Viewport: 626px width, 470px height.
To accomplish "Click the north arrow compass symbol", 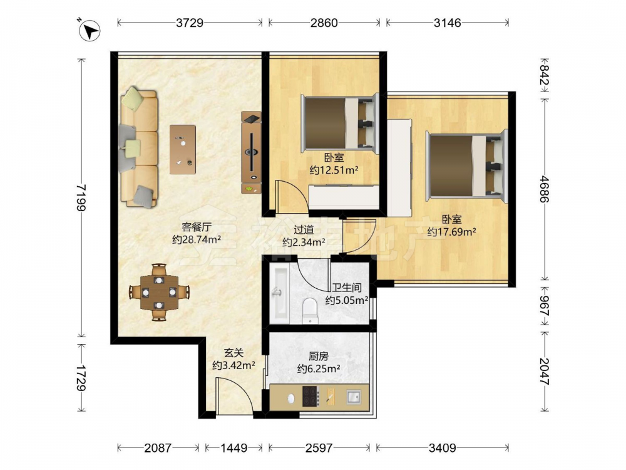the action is pyautogui.click(x=90, y=31).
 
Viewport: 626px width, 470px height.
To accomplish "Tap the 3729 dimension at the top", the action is pyautogui.click(x=190, y=23).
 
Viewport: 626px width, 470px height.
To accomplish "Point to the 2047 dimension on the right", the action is pyautogui.click(x=545, y=371).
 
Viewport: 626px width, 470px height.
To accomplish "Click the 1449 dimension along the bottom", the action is pyautogui.click(x=234, y=448).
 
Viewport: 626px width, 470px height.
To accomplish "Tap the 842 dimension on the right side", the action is pyautogui.click(x=545, y=75).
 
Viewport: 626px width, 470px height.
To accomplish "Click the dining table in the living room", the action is pyautogui.click(x=159, y=292).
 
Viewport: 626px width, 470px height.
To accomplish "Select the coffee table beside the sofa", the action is pyautogui.click(x=183, y=150).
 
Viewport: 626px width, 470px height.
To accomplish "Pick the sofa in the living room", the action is pyautogui.click(x=138, y=148).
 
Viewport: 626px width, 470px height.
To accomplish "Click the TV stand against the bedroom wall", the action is pyautogui.click(x=251, y=152).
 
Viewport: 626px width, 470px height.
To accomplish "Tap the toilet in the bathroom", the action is pyautogui.click(x=309, y=311).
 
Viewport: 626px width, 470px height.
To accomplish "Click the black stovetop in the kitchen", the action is pyautogui.click(x=310, y=396).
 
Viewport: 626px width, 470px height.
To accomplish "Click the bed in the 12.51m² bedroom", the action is pyautogui.click(x=340, y=123).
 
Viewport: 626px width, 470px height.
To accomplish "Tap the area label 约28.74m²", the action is pyautogui.click(x=197, y=239).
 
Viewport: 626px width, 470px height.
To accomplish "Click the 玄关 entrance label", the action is pyautogui.click(x=233, y=353).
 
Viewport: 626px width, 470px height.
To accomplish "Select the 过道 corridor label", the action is pyautogui.click(x=304, y=230).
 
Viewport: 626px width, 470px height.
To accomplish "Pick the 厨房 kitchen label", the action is pyautogui.click(x=318, y=356).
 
